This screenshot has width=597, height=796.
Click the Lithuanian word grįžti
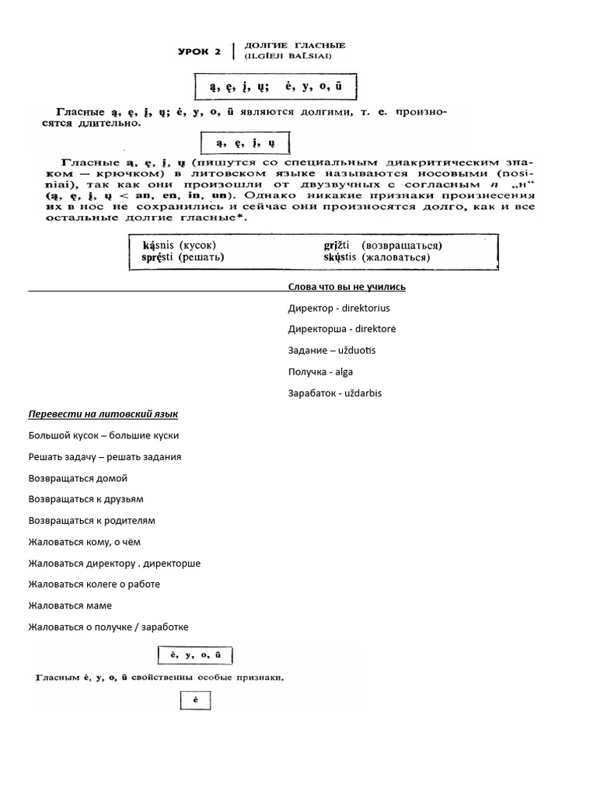pyautogui.click(x=336, y=245)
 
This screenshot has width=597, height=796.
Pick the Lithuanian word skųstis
pyautogui.click(x=340, y=257)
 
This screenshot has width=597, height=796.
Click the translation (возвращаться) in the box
pyautogui.click(x=397, y=245)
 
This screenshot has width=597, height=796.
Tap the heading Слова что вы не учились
pyautogui.click(x=346, y=287)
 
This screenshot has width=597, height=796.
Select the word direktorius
pyautogui.click(x=363, y=309)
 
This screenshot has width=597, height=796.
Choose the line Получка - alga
pyautogui.click(x=320, y=372)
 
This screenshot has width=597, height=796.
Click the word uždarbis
pyautogui.click(x=358, y=393)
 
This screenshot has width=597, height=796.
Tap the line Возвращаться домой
pyautogui.click(x=78, y=478)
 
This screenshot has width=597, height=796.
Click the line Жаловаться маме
pyautogui.click(x=70, y=606)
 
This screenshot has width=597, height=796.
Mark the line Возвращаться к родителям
pyautogui.click(x=92, y=520)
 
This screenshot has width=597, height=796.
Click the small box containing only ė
pyautogui.click(x=196, y=701)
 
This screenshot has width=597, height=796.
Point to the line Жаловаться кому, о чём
pyautogui.click(x=85, y=542)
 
